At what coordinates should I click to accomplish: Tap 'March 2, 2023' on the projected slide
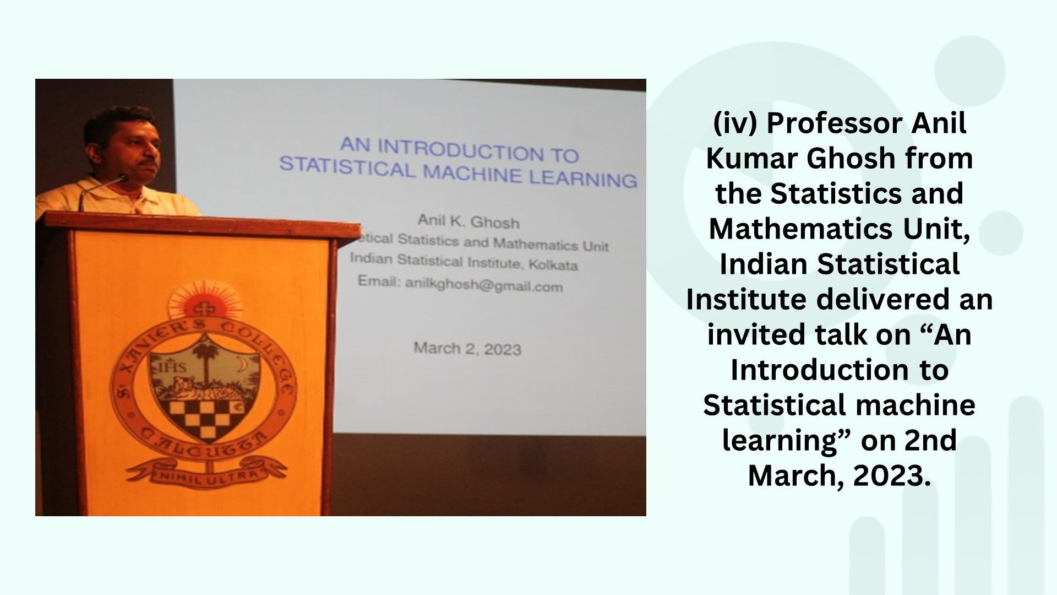click(467, 348)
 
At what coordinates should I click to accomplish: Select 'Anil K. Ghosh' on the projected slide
click(468, 221)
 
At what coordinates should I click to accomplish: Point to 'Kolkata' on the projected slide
click(553, 264)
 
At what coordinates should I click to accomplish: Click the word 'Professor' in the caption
click(835, 123)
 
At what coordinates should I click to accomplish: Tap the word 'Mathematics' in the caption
click(801, 229)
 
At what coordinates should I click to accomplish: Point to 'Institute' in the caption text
click(747, 299)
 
